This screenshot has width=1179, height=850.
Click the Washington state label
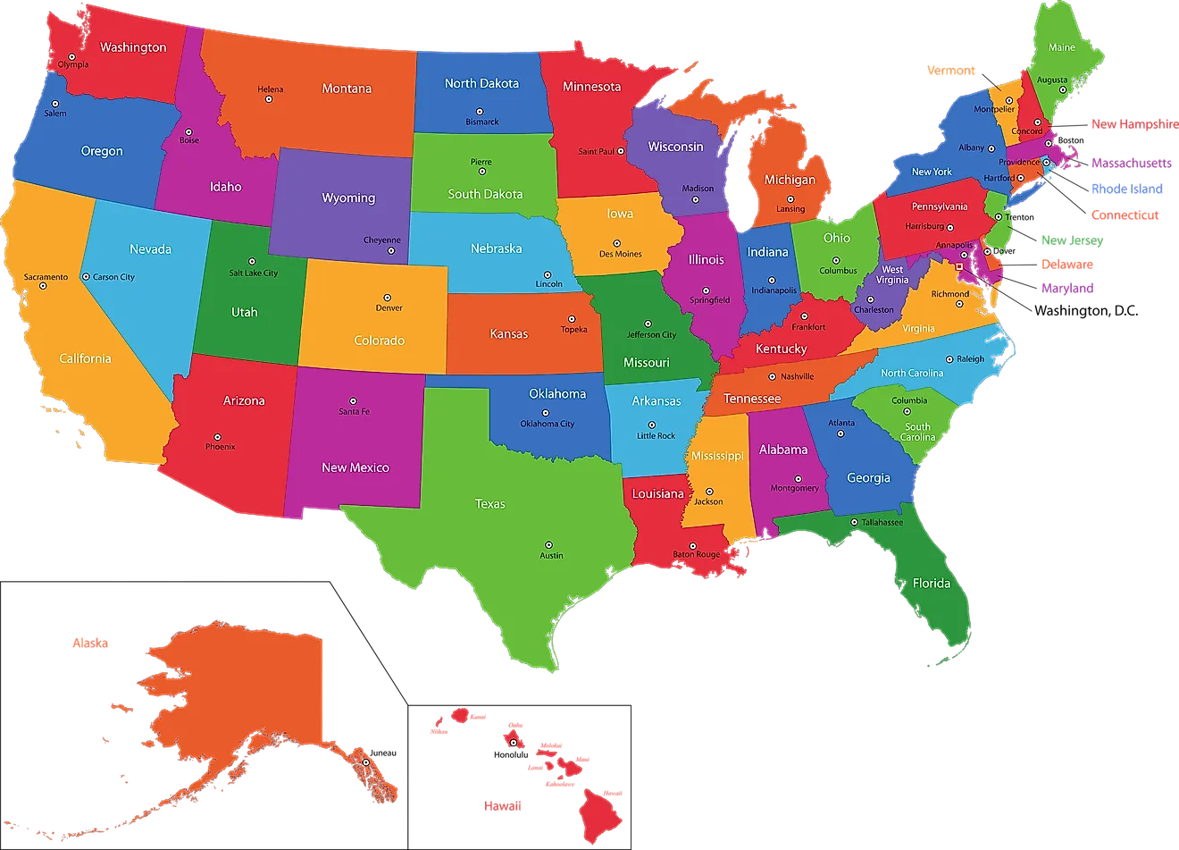click(x=133, y=47)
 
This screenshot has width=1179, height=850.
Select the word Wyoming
click(x=348, y=198)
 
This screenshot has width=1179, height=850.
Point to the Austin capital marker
click(x=548, y=544)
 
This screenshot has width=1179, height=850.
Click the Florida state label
click(x=932, y=583)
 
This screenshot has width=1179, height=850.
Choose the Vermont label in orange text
click(x=951, y=71)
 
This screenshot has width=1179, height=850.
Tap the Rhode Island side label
click(x=1126, y=189)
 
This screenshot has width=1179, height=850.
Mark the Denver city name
click(x=389, y=308)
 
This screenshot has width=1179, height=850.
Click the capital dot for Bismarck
click(x=481, y=111)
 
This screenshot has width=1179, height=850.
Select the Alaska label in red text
click(x=89, y=643)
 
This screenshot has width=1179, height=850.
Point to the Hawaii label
click(x=502, y=805)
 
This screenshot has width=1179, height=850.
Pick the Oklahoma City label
click(x=548, y=424)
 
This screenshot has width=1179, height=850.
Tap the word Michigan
click(x=790, y=180)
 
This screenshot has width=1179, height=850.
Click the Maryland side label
click(x=1066, y=288)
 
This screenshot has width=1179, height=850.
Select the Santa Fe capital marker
click(x=353, y=401)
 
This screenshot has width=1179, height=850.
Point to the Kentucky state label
click(x=781, y=349)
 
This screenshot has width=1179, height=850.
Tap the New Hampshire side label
click(x=1133, y=124)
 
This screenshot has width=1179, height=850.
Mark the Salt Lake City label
click(x=253, y=274)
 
